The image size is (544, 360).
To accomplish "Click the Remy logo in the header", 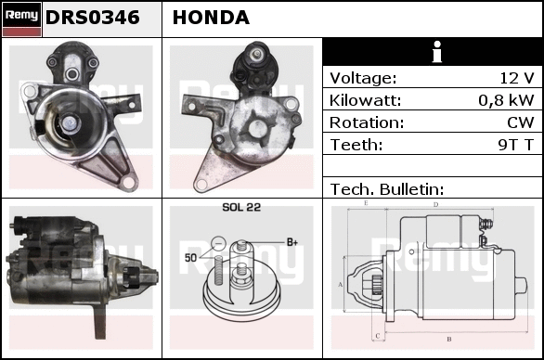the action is (22, 19).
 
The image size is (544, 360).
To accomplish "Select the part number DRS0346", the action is (93, 18).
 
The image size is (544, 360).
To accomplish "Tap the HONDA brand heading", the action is (211, 18).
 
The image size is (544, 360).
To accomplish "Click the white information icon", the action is (437, 52).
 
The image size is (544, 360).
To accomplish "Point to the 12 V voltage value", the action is (516, 78).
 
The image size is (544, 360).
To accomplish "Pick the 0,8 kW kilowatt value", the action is (506, 100).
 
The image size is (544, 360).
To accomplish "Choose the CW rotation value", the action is (521, 122).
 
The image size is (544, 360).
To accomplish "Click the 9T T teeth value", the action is (516, 145).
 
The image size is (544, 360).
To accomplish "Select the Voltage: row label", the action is (363, 78).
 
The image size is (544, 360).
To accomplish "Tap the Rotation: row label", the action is (367, 122).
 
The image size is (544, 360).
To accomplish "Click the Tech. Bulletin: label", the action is (387, 189).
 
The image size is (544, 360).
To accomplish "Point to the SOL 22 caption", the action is (241, 207).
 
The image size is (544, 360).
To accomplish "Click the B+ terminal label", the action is (292, 242).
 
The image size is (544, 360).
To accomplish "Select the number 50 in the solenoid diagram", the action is (191, 258).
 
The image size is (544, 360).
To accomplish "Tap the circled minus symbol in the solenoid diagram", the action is (218, 243).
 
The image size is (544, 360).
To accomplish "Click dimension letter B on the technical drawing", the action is (449, 340).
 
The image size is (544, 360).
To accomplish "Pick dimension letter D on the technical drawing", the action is (436, 205).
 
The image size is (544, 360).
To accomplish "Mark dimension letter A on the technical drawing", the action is (341, 285).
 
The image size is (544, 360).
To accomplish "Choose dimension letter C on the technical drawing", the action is (378, 336).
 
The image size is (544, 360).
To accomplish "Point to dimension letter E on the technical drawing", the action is (366, 203).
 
